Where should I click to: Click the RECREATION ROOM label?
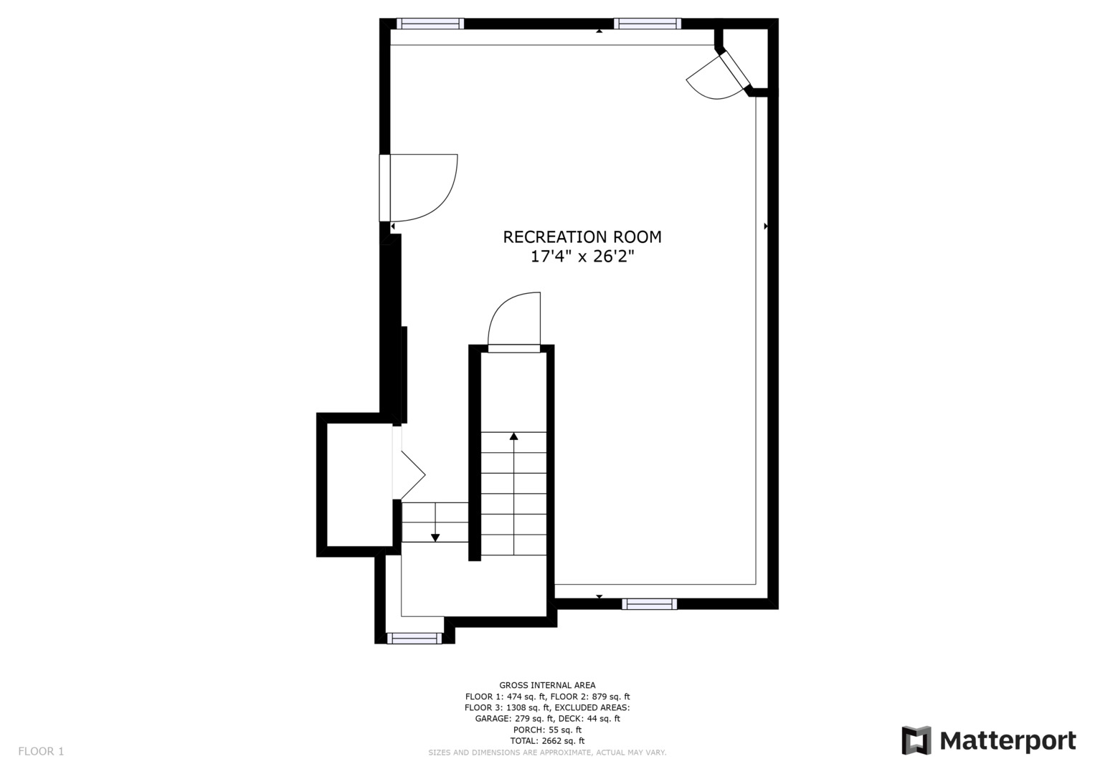pyautogui.click(x=582, y=237)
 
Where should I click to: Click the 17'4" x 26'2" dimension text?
pyautogui.click(x=582, y=257)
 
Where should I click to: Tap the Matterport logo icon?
pyautogui.click(x=916, y=740)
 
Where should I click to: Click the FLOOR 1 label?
pyautogui.click(x=41, y=751)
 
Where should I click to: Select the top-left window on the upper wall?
pyautogui.click(x=430, y=24)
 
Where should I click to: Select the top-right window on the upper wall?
pyautogui.click(x=648, y=24)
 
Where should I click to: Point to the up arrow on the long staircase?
pyautogui.click(x=513, y=436)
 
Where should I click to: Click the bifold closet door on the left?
pyautogui.click(x=410, y=474)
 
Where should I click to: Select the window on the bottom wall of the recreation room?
pyautogui.click(x=649, y=604)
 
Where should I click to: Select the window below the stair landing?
pyautogui.click(x=414, y=638)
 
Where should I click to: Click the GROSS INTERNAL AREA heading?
pyautogui.click(x=547, y=685)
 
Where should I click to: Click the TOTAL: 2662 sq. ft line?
pyautogui.click(x=547, y=741)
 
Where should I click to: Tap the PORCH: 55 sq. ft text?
pyautogui.click(x=547, y=730)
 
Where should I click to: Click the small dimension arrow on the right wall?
pyautogui.click(x=766, y=226)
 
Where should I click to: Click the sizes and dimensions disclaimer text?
pyautogui.click(x=547, y=752)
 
